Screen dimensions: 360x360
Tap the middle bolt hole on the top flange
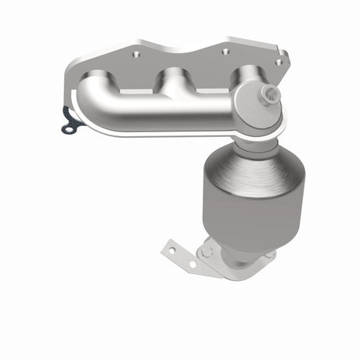pos(225,52)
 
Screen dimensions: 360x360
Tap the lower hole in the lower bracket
pos(192,265)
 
